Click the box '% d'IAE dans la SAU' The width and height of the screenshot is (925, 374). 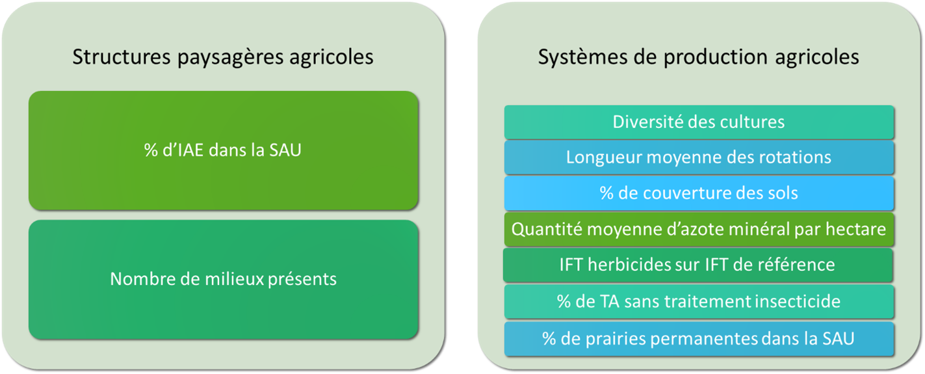coord(222,150)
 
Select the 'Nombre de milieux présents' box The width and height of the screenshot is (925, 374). coord(222,279)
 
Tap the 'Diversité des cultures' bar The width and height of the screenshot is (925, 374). coord(699,122)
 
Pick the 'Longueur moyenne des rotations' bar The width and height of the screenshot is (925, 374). coord(699,157)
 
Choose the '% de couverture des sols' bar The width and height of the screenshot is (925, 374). coord(699,193)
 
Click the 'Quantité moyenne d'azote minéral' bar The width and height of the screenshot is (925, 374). coord(699,229)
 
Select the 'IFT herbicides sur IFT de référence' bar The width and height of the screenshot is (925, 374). coord(699,265)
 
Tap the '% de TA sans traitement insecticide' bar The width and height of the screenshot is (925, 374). coord(699,301)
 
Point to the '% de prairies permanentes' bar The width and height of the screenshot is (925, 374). coord(699,338)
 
